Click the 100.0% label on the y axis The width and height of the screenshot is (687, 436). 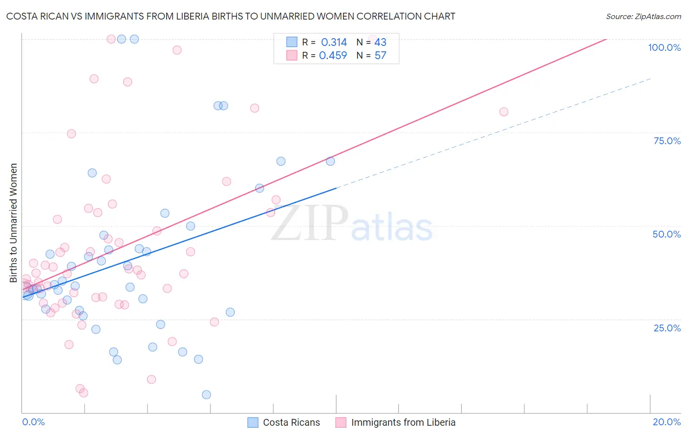point(664,47)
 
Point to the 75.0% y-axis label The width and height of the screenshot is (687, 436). point(667,141)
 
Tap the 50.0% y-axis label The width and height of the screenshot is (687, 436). point(666,234)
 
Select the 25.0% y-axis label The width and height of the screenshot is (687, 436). point(667,327)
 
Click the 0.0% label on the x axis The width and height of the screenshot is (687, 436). point(33,422)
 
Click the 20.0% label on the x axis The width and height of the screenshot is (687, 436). point(666,422)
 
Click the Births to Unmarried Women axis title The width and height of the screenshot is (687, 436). point(14,223)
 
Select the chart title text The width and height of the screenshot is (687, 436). point(231,16)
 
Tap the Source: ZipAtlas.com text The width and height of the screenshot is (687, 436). point(643,16)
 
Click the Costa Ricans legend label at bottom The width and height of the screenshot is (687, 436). point(291,422)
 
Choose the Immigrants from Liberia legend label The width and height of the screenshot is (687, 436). point(403,422)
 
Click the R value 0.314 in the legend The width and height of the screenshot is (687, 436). point(334,43)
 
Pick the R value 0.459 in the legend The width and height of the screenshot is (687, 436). point(333,56)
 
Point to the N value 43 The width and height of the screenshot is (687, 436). point(380,43)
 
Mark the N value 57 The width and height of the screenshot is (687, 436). point(380,56)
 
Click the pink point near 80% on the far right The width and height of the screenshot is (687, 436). point(504,112)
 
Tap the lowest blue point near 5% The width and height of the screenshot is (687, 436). point(206,394)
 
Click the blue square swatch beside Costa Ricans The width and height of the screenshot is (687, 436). point(253,422)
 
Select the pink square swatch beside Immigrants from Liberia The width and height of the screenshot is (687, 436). point(341,422)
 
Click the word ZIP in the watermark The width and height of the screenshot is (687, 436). point(309,223)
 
